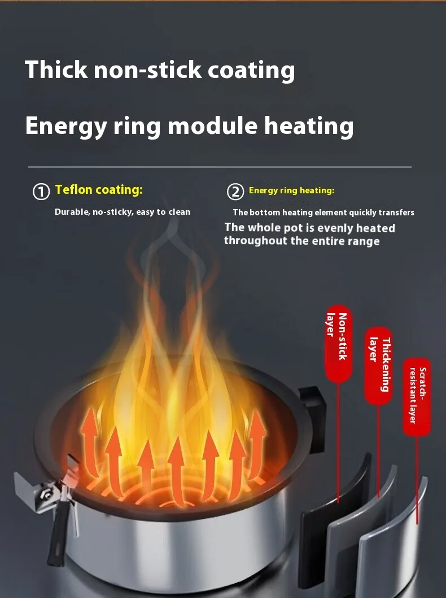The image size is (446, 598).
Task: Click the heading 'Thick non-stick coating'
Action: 160,70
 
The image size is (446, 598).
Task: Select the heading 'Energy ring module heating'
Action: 189,125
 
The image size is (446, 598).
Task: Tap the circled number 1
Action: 41,192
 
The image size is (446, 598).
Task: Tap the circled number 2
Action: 235,192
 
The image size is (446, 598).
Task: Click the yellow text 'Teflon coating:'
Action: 99,190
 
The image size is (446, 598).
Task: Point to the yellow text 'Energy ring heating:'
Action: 291,190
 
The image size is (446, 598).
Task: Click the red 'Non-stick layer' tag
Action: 338,344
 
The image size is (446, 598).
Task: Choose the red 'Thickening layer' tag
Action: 379,365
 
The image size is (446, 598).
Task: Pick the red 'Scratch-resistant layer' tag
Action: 417,396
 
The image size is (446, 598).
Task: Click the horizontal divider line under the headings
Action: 220,167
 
